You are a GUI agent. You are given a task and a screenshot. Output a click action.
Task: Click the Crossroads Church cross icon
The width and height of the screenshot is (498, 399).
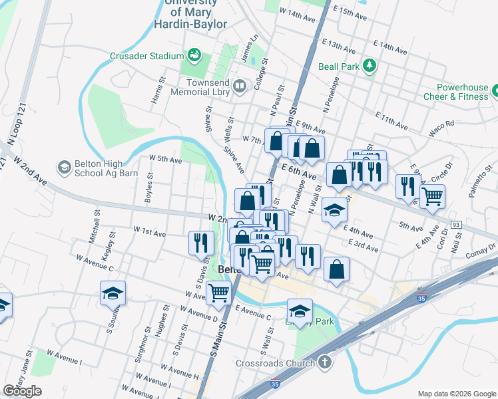point(324,363)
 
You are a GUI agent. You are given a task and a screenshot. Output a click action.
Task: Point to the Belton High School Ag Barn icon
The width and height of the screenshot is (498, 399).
point(65,166)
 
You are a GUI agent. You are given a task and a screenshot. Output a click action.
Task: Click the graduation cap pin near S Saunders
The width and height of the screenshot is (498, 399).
point(113,293)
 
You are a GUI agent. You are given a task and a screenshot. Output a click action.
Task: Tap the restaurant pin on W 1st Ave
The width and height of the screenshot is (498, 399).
point(201,243)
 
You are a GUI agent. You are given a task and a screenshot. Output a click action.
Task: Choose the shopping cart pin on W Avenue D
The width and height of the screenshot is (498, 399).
point(218,293)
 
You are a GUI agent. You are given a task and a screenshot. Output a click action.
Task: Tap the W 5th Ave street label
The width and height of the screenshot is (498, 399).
point(166,160)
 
